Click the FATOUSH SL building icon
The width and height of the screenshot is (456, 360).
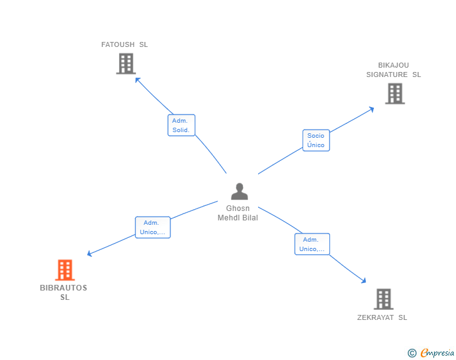[126, 63]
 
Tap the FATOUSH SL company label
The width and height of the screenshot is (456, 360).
[125, 44]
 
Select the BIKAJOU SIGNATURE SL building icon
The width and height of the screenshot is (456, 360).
[395, 93]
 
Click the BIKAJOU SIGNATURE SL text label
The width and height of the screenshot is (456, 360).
[393, 69]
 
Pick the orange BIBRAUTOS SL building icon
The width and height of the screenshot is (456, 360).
[65, 270]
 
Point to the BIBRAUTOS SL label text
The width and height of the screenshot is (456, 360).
[64, 292]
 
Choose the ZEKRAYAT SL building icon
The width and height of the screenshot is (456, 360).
[383, 299]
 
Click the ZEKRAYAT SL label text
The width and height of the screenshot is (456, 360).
[382, 317]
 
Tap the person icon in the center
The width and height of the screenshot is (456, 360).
[239, 191]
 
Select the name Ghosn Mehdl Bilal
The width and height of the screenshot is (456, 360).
[237, 213]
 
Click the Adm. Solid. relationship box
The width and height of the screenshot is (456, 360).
[182, 125]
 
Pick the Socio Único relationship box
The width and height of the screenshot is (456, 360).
[316, 140]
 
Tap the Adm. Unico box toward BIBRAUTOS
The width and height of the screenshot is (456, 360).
[153, 227]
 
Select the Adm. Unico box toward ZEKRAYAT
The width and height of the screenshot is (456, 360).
[312, 244]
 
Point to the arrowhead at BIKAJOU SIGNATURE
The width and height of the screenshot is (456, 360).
[372, 109]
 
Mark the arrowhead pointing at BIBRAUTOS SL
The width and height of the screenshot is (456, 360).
[89, 254]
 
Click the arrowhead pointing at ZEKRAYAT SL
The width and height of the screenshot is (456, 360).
[365, 282]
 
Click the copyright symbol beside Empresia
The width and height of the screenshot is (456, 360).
[412, 353]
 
